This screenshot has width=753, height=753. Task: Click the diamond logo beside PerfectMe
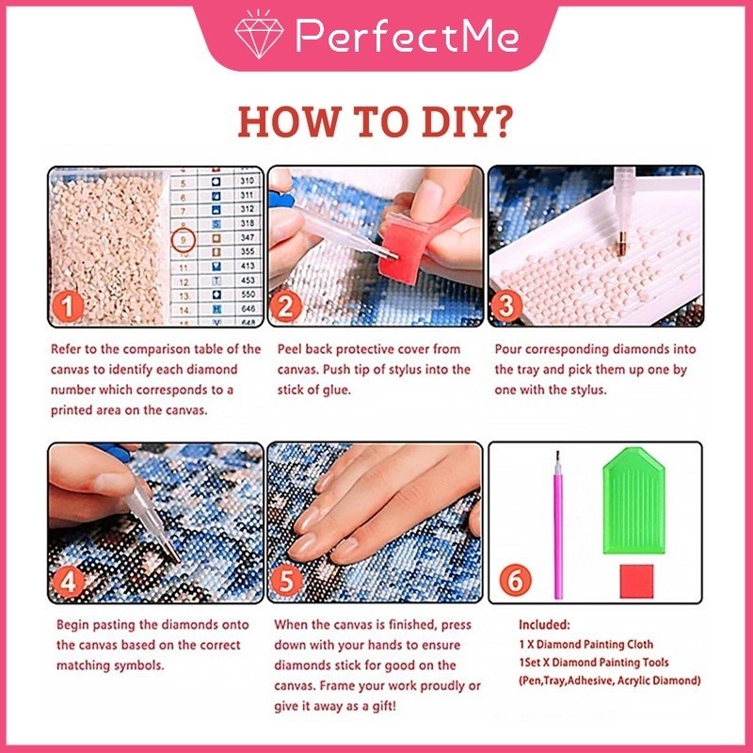(x=259, y=35)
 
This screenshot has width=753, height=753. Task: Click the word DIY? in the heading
(x=468, y=122)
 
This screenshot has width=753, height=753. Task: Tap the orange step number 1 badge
(x=68, y=306)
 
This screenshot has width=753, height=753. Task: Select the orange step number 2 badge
(x=286, y=306)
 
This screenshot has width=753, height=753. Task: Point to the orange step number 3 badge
(x=505, y=306)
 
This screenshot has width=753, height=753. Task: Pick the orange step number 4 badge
(x=68, y=581)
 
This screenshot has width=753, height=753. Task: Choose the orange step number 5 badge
(x=286, y=581)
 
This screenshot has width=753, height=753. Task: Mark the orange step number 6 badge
(x=515, y=580)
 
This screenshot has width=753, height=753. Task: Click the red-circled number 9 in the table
(x=183, y=239)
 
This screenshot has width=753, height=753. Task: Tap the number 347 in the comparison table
(x=248, y=237)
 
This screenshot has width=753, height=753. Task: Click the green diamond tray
(x=633, y=501)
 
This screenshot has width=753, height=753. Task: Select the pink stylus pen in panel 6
(x=558, y=525)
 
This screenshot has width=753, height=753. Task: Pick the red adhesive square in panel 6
(x=637, y=581)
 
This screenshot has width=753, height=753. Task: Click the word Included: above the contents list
(x=544, y=625)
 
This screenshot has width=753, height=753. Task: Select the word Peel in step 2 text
(x=289, y=349)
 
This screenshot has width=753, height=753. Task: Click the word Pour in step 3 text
(x=508, y=349)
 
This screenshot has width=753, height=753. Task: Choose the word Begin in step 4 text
(x=72, y=625)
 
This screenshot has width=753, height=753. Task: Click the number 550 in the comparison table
(x=248, y=295)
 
